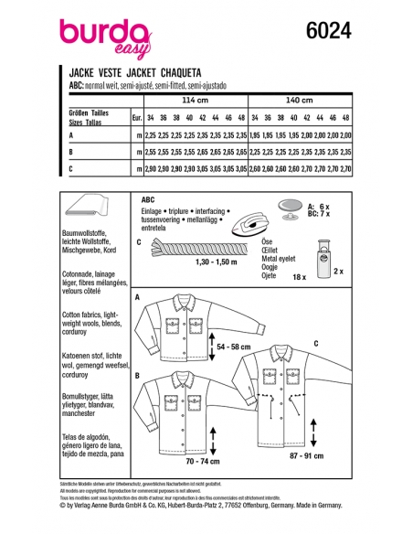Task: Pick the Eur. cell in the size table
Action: (136, 118)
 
